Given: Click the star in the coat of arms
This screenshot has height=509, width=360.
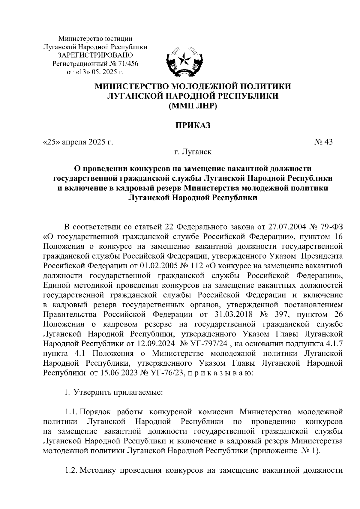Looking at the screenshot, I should [182, 60].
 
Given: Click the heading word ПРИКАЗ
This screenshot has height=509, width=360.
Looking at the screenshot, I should [193, 125].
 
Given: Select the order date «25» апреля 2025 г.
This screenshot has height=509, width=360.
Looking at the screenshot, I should [78, 142].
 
